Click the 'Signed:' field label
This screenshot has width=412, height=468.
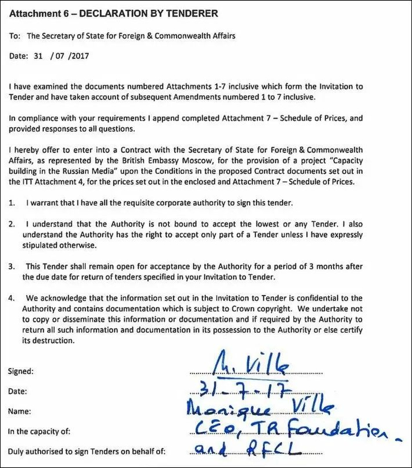[x=21, y=371]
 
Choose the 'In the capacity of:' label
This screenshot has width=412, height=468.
[x=40, y=432]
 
